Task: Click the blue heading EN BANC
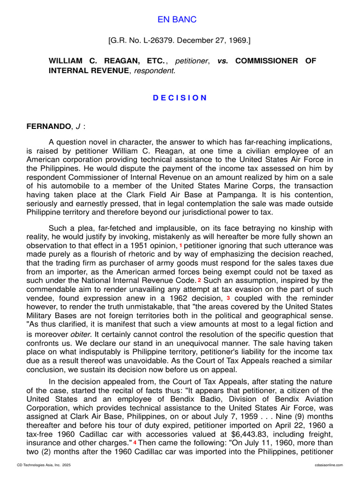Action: tap(177, 20)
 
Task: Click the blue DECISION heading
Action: tap(180, 98)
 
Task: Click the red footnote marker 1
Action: tap(181, 246)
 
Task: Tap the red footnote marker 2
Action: tap(199, 280)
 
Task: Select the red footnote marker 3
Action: tap(228, 297)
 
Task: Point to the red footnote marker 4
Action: tap(135, 442)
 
